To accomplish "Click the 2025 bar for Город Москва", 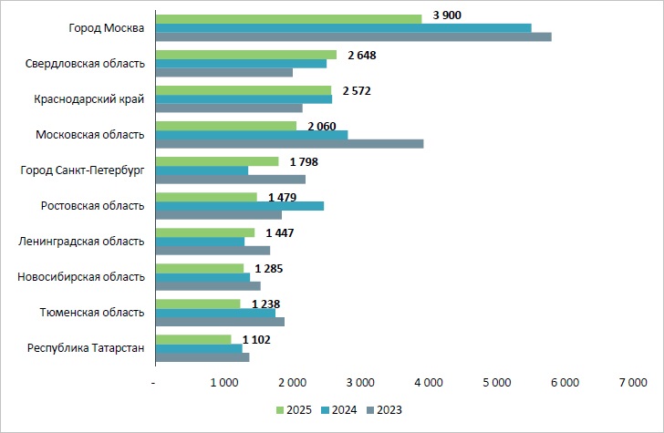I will pos(288,18).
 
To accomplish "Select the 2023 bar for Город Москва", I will pos(353,36).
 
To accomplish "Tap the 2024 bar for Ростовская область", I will pos(239,206).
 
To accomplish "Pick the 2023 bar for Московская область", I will pos(289,143).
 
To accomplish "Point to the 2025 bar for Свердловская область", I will pos(245,55).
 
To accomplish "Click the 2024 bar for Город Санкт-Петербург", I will pos(202,170).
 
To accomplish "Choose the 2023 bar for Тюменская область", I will pos(220,321).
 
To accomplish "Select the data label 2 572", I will pos(357,90).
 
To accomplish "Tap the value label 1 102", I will pos(257,339).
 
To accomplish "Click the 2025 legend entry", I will pos(293,409).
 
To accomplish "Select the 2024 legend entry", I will pos(337,409).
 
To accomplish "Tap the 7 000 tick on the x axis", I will pos(632,383).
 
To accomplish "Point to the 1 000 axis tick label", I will pos(224,383).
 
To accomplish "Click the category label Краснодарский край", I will pos(89,99).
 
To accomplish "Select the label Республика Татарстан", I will pos(86,348).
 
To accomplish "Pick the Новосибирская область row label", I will pos(81,277).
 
